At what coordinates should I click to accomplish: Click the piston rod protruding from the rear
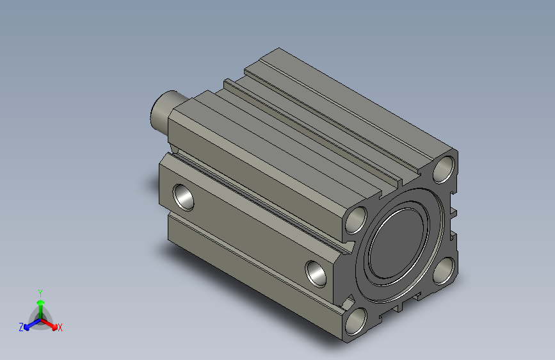click(x=165, y=109)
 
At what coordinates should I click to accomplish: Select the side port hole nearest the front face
click(x=317, y=273)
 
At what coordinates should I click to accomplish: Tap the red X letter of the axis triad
click(x=60, y=327)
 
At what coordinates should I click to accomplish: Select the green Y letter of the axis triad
click(x=40, y=291)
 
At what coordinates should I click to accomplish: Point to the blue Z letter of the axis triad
click(x=21, y=327)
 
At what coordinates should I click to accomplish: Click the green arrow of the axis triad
click(x=40, y=304)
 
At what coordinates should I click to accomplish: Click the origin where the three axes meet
click(x=40, y=318)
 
